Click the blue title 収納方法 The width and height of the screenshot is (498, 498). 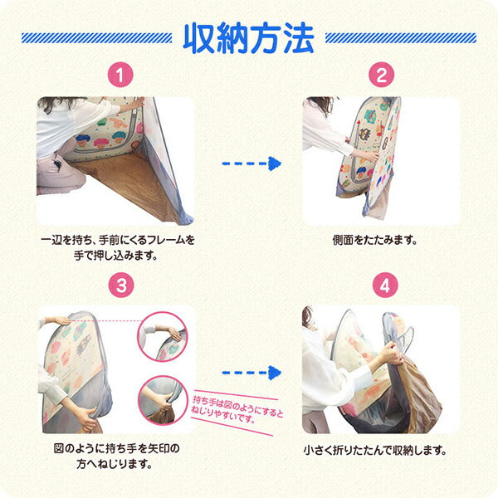point(249,38)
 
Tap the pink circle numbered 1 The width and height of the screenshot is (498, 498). point(120,75)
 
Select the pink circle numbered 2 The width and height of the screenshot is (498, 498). point(381,75)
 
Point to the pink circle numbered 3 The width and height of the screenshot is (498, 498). point(121,285)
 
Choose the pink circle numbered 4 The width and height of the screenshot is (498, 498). point(385,285)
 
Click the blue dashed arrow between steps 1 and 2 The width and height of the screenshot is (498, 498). point(251,164)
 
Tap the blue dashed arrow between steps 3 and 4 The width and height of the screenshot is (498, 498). point(251,373)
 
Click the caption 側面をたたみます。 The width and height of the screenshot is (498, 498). point(375,241)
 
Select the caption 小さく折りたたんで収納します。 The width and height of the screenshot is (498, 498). point(375,450)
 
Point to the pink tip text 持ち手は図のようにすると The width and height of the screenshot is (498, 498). point(237,406)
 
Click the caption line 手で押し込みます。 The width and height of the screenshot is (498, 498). point(115,256)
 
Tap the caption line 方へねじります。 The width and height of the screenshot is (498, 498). point(115,465)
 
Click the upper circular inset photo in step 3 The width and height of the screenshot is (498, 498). point(163,337)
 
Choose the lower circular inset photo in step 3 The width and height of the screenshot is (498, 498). point(163,400)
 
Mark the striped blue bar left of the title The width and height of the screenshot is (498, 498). point(96,38)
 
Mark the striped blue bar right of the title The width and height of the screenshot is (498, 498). point(401,38)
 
